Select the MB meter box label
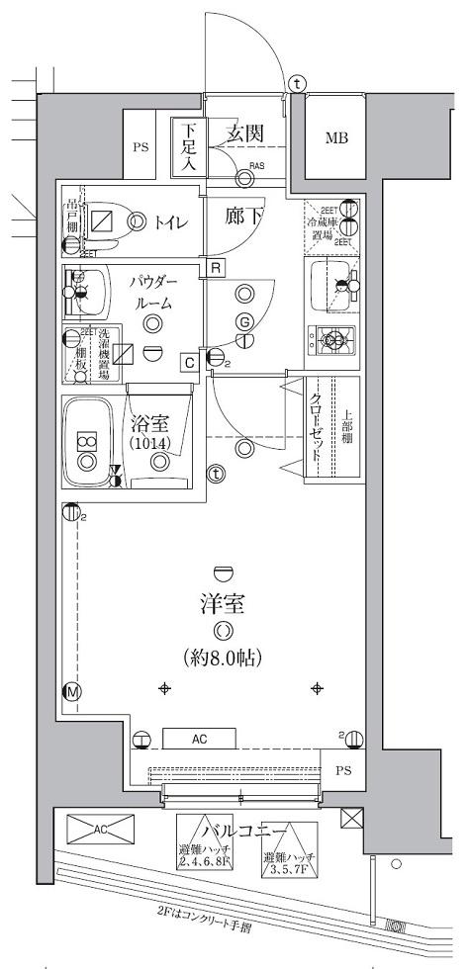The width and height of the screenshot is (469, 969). (335, 136)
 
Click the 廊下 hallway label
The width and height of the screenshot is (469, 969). (242, 216)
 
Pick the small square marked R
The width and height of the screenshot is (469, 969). (215, 266)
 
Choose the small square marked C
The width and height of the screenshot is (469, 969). (187, 362)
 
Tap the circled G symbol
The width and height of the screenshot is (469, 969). (243, 322)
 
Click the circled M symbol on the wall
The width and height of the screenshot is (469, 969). (71, 691)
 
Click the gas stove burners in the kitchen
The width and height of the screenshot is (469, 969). (335, 340)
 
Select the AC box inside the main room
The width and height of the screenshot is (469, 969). (199, 737)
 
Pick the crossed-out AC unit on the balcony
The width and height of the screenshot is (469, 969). (100, 834)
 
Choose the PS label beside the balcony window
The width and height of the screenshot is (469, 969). (342, 770)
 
